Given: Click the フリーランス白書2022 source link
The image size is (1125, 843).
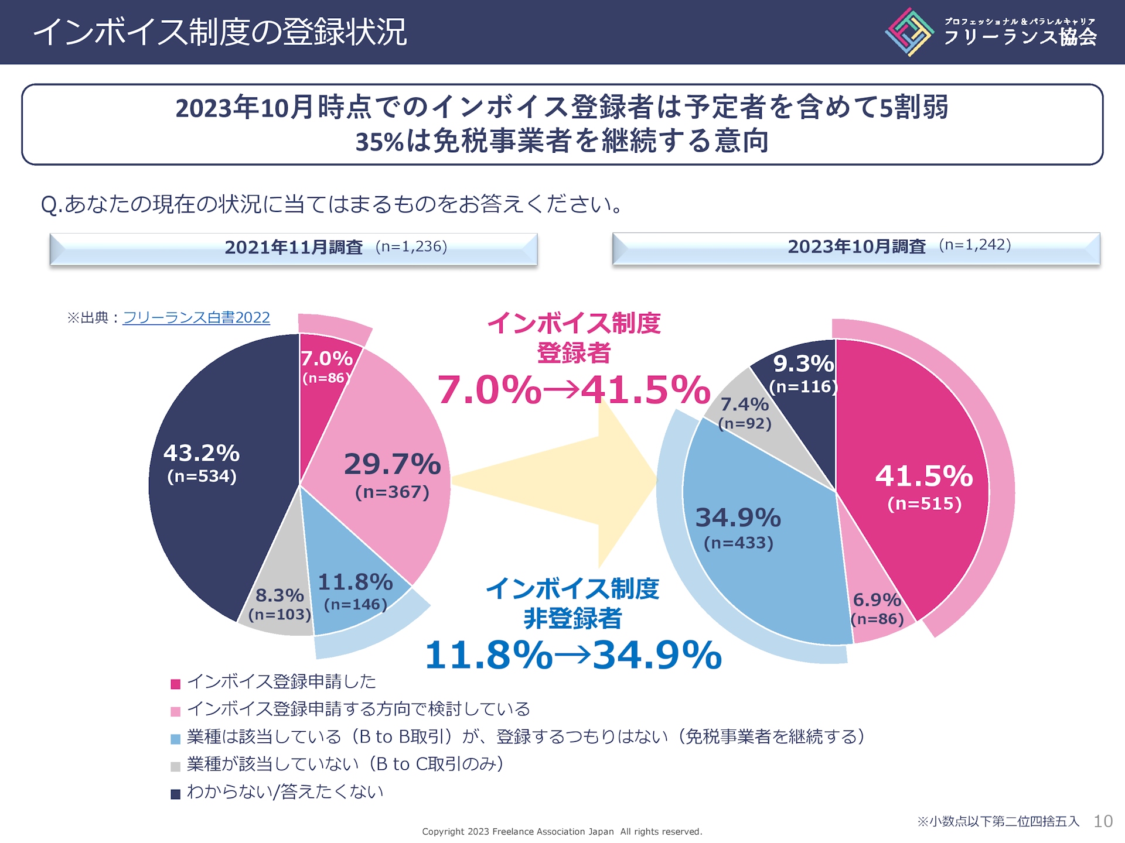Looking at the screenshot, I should pos(196,318).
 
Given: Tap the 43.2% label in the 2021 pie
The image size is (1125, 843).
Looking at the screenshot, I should pos(202,454).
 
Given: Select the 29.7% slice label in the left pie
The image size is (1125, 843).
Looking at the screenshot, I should pos(392,464).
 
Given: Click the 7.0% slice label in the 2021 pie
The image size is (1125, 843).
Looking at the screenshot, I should pos(326,359).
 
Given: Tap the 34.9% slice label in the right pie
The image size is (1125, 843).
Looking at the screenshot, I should pos(738,518).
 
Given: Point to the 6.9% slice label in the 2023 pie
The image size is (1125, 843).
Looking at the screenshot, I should pos(877,600).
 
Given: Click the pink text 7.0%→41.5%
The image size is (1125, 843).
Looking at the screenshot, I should pos(574,390).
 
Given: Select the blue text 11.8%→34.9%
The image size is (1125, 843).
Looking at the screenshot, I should pos(573,655).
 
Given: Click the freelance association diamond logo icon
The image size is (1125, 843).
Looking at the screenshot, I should pos(909,32).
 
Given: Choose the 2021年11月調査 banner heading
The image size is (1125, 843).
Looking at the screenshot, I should pos(294,248).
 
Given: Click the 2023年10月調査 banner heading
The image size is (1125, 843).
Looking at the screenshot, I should pos(856,246).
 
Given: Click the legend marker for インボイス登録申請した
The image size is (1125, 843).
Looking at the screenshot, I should pos(175,684).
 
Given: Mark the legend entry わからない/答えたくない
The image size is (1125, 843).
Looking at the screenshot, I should pos(285,792).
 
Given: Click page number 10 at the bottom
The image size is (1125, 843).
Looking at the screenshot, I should pos(1103,821).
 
